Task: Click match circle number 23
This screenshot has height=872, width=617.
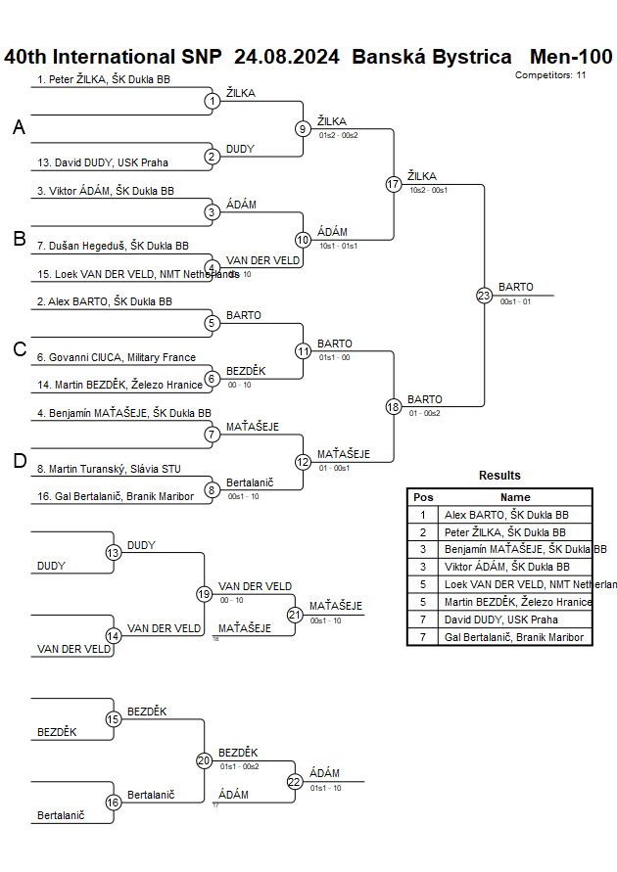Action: coord(484,296)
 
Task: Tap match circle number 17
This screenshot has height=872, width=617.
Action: coord(394,184)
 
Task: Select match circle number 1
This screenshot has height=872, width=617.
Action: coord(212,101)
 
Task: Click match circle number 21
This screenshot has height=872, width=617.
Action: coord(295,615)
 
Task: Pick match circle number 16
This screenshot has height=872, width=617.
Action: coord(113,803)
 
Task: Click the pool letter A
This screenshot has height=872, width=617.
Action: coord(19,127)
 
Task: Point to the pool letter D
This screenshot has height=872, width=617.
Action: coord(19,461)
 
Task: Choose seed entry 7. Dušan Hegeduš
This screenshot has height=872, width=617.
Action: coord(113,246)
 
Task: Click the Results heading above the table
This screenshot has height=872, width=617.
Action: coord(499,476)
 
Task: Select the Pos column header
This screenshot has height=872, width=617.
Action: coord(423,497)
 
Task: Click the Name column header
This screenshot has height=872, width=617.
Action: coord(515,497)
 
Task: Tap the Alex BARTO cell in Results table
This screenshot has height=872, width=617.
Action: coord(506,514)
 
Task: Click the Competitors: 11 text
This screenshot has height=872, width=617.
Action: coord(550,75)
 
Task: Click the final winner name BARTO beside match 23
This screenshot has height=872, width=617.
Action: coord(516,287)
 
